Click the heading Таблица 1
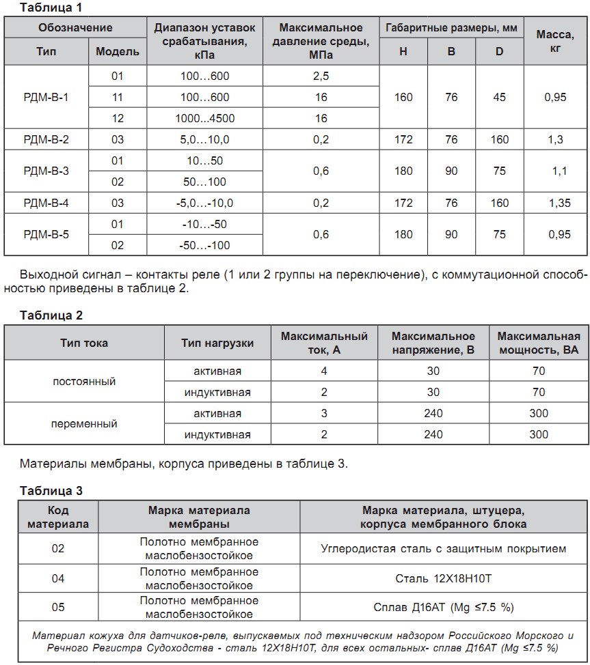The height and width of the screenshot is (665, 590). (51, 8)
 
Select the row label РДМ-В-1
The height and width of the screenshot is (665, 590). (46, 97)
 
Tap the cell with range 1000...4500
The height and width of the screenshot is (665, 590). (204, 118)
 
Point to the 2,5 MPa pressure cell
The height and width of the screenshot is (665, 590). (321, 76)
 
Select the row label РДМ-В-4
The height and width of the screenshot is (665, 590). (46, 203)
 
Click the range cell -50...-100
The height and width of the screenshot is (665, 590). (206, 245)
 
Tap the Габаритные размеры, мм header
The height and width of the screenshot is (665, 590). (451, 28)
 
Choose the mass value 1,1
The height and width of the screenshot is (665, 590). (559, 171)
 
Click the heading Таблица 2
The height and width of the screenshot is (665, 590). (51, 315)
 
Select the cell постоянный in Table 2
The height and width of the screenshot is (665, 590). (84, 382)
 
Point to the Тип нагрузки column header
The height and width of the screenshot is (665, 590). (217, 343)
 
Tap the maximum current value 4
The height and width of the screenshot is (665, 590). (324, 371)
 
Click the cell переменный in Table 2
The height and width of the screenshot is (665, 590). (84, 424)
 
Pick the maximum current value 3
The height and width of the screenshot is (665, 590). (324, 414)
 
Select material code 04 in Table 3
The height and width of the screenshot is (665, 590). (58, 578)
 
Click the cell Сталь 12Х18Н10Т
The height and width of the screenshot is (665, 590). (443, 579)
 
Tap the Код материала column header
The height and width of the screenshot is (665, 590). (58, 518)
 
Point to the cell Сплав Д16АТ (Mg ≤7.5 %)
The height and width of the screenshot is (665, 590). (443, 607)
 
